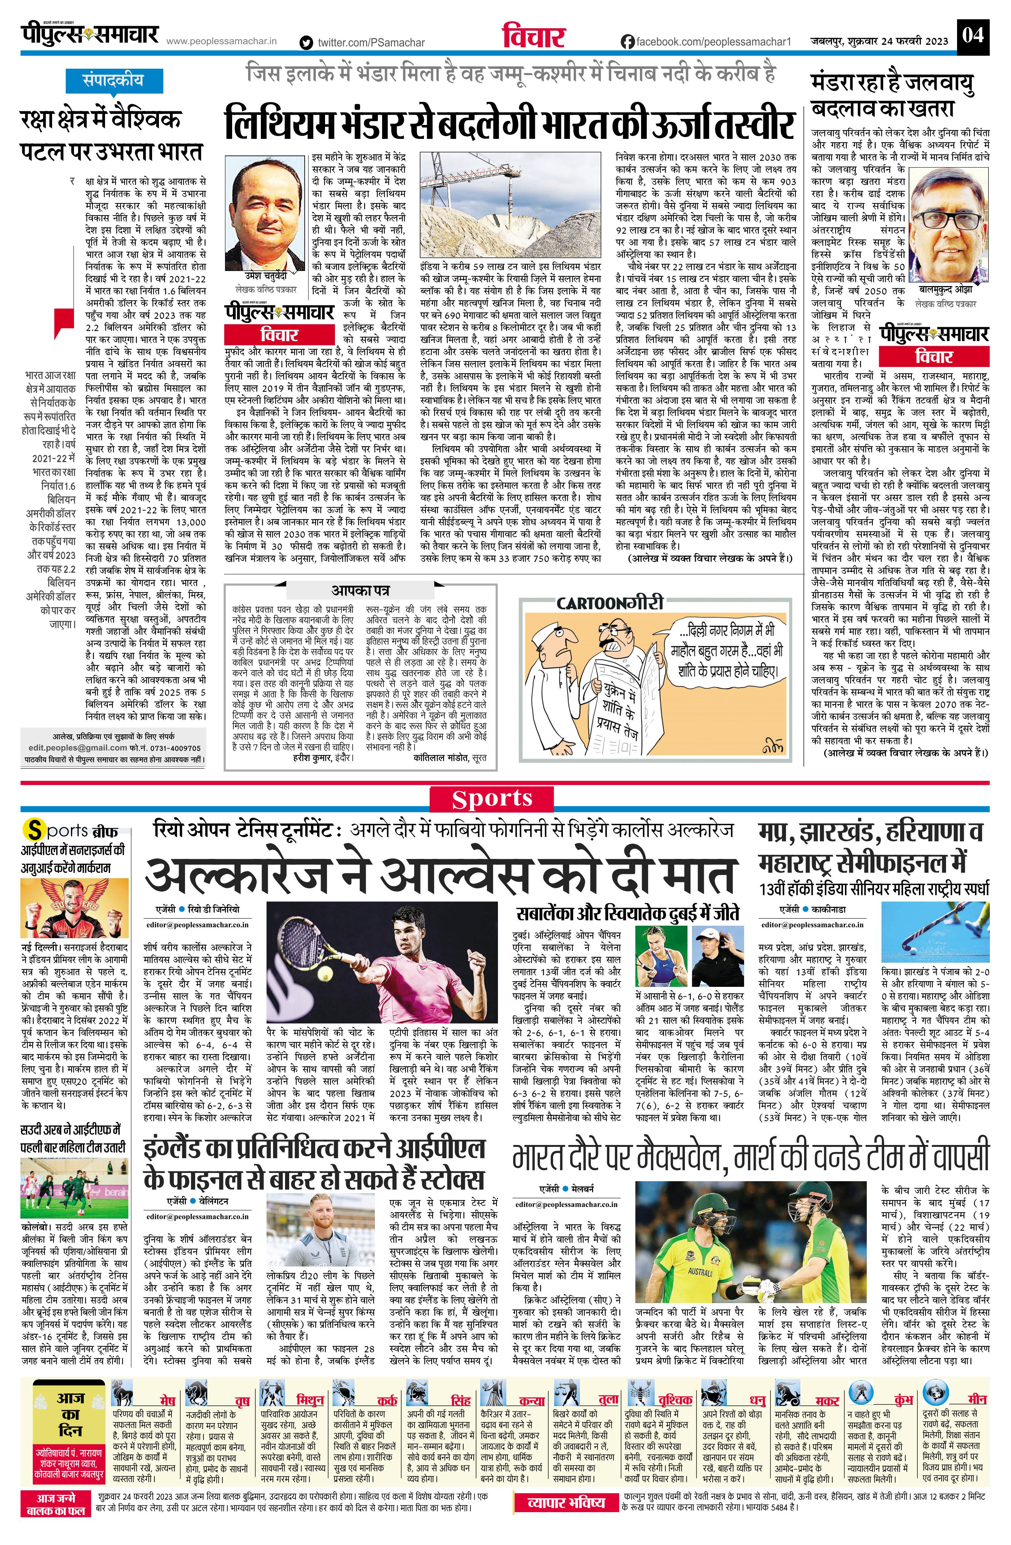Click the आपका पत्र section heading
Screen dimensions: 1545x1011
click(x=361, y=590)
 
